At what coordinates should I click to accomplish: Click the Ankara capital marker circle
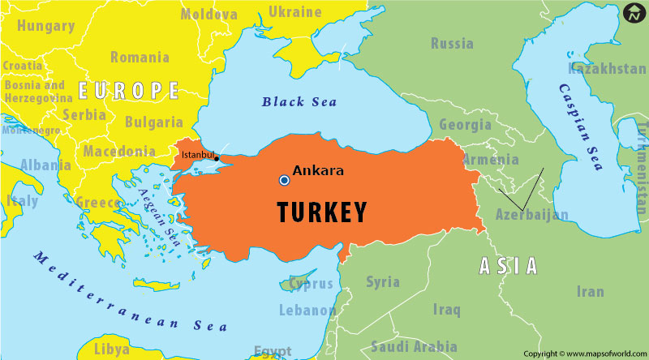click(x=284, y=179)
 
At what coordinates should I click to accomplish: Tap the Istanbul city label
click(x=198, y=154)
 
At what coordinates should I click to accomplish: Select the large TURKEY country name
click(x=322, y=212)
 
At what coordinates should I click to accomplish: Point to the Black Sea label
click(x=299, y=102)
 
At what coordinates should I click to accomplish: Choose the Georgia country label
click(x=465, y=125)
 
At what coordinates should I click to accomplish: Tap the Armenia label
click(x=490, y=159)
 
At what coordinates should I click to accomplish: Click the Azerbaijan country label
click(x=532, y=215)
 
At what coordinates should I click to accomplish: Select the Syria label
click(x=383, y=281)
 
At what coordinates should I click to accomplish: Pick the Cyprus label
click(x=312, y=284)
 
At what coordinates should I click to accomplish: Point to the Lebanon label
click(x=307, y=310)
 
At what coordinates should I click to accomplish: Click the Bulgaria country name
click(x=154, y=122)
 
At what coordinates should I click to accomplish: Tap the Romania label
click(x=140, y=57)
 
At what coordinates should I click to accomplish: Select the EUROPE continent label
click(x=128, y=89)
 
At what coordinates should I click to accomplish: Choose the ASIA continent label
click(x=508, y=264)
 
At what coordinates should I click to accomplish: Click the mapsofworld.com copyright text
click(x=584, y=354)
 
